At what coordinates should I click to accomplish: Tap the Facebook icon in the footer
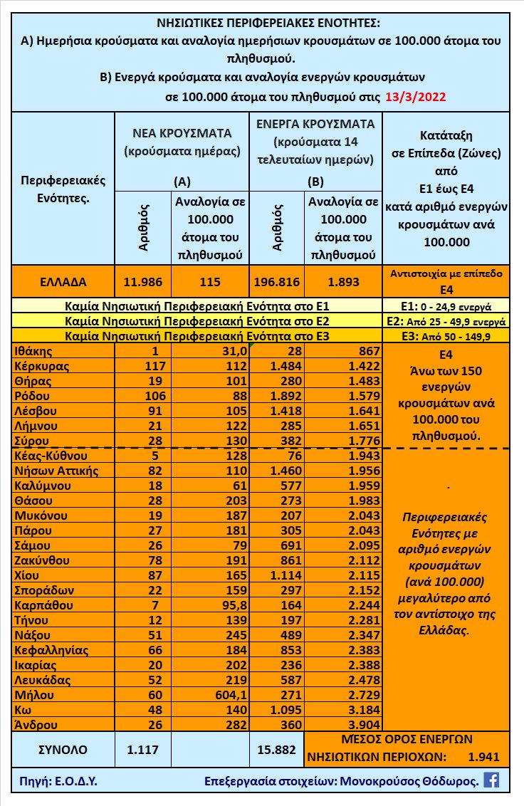click(x=491, y=780)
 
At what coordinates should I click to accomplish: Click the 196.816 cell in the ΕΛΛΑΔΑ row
click(x=276, y=281)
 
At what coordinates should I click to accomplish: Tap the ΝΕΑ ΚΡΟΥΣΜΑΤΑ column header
click(x=182, y=132)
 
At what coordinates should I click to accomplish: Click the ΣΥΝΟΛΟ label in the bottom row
click(x=62, y=748)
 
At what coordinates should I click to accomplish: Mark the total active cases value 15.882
click(x=276, y=748)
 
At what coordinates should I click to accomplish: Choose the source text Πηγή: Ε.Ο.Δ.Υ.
click(x=56, y=780)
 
